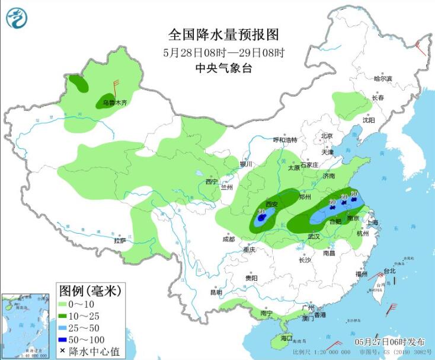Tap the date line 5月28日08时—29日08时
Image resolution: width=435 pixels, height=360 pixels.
tap(215, 52)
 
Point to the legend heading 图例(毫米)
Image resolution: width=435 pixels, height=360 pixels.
tap(89, 290)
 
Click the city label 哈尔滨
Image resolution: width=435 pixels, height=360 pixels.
tap(383, 78)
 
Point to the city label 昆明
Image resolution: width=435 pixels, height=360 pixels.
tap(216, 292)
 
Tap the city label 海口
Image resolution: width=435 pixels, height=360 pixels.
tap(286, 338)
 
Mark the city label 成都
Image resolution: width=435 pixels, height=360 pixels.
tap(228, 240)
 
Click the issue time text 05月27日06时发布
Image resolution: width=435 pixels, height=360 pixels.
tap(390, 342)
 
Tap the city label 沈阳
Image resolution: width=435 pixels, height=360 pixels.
tap(369, 120)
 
